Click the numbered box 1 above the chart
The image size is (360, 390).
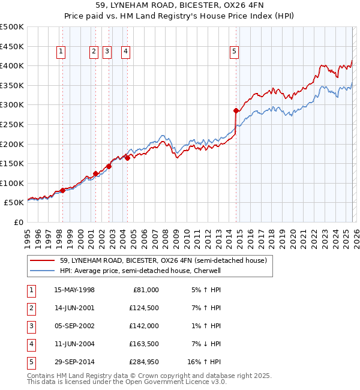point(62,52)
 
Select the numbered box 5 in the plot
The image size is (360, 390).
point(234,52)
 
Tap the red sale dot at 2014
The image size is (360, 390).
point(236,110)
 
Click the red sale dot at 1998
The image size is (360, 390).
point(62,190)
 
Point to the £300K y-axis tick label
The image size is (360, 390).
point(12,105)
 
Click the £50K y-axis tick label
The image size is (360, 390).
point(14,203)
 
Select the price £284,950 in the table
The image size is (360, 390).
point(142,362)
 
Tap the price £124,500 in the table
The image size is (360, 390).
point(142,308)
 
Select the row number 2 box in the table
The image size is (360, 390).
point(31,308)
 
